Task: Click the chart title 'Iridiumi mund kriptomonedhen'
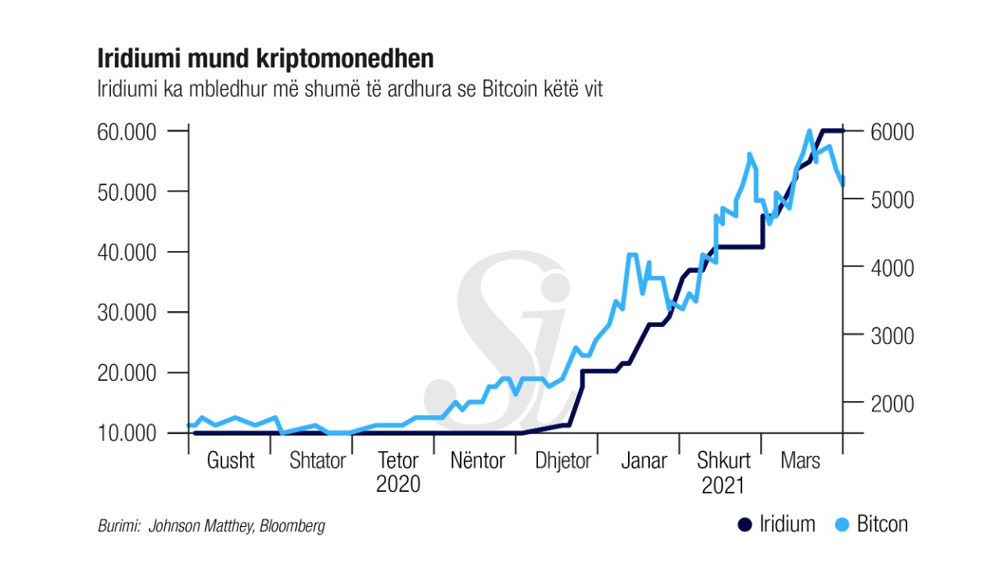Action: click(x=265, y=59)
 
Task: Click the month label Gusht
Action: click(x=231, y=461)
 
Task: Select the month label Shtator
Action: click(x=318, y=461)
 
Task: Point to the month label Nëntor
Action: click(x=477, y=461)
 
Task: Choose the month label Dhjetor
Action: click(x=563, y=461)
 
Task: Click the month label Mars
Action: click(x=801, y=461)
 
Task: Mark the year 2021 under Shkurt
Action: click(x=723, y=486)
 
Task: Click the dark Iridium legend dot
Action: click(x=745, y=524)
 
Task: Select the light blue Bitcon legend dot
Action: click(x=843, y=524)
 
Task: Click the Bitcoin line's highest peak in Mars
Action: click(x=809, y=131)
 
